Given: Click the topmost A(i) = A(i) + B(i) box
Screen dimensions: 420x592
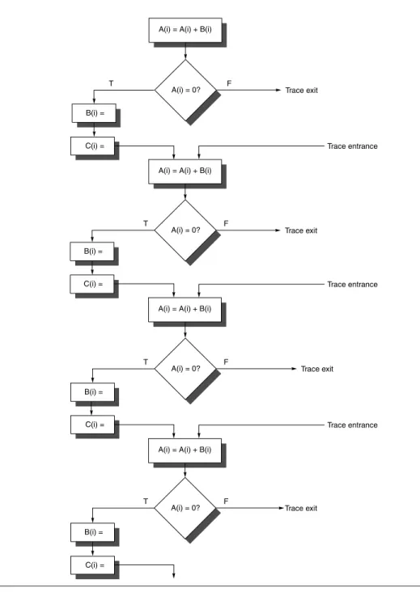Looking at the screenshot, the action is (x=185, y=30).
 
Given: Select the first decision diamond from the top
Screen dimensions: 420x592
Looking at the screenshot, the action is (x=185, y=91).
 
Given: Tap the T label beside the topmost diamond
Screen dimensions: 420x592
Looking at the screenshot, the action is (x=111, y=83).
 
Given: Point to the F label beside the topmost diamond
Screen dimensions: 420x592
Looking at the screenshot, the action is (x=229, y=83).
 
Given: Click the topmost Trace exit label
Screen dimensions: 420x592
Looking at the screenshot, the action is (x=301, y=91).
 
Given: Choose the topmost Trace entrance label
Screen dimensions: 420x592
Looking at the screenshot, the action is (x=352, y=146).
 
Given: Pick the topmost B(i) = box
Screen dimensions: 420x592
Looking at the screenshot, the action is (x=94, y=113).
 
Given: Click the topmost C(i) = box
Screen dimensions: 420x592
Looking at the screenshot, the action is (x=92, y=146).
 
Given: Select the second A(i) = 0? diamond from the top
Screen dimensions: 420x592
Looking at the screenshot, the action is (x=185, y=230).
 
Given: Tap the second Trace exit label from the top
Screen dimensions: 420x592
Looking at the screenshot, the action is (x=301, y=230).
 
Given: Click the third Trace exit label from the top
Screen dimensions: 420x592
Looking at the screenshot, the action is (x=317, y=369).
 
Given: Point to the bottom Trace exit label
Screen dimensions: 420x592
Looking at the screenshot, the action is (x=301, y=508).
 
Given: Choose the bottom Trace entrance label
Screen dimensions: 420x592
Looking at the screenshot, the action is (x=352, y=425).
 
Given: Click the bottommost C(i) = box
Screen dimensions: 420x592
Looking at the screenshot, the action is (x=92, y=565).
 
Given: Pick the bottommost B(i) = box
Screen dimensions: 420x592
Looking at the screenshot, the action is (x=92, y=532).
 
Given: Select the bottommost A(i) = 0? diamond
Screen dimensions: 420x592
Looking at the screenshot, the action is (x=185, y=508).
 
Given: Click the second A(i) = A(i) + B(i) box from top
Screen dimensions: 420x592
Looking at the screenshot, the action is (x=185, y=171).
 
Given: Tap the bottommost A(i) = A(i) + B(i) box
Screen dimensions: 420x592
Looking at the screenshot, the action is (x=185, y=450).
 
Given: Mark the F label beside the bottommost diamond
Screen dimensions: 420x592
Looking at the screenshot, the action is (x=226, y=501).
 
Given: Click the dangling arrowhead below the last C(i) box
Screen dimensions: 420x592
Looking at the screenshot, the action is (x=174, y=576).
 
